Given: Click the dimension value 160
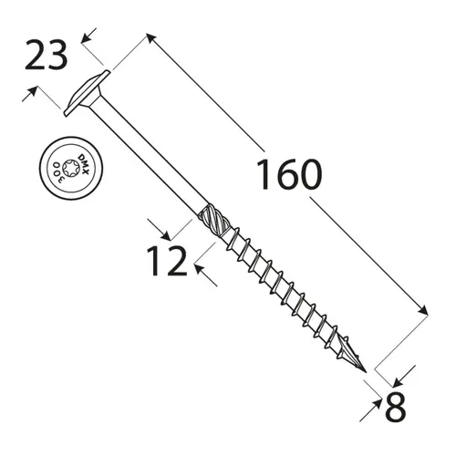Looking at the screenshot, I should pos(288,174).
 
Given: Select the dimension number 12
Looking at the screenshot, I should pos(167,261).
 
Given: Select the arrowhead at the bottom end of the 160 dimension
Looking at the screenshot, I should pos(423,312).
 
